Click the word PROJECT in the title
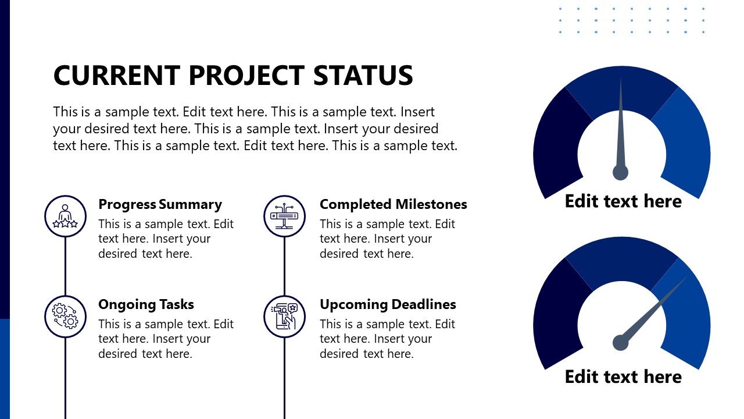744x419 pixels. tap(246, 76)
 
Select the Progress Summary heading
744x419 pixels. tap(160, 204)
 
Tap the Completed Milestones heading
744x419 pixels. tap(393, 204)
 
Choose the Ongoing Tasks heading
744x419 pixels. tap(146, 304)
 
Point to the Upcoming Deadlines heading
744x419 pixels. tap(388, 304)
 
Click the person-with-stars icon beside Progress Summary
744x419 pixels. tap(65, 216)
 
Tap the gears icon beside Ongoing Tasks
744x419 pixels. tap(65, 316)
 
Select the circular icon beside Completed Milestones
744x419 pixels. tap(284, 216)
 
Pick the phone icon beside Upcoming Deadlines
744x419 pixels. tap(284, 316)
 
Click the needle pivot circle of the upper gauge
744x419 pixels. tap(620, 172)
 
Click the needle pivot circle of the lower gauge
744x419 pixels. tap(620, 343)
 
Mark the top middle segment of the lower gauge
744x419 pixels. tap(621, 259)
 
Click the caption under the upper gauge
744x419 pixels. tap(623, 201)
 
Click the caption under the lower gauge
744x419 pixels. tap(623, 377)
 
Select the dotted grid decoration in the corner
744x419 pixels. tap(632, 20)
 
